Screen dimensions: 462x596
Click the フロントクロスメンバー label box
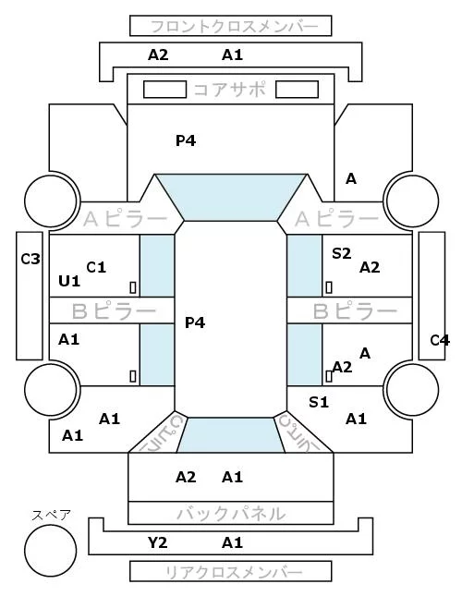[x=231, y=26]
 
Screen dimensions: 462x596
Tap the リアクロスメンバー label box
[x=231, y=571]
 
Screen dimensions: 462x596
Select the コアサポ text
[x=229, y=90]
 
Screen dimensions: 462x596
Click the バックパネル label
[x=231, y=514]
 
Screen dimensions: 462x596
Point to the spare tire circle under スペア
[x=51, y=551]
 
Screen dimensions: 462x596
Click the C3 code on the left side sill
[x=30, y=260]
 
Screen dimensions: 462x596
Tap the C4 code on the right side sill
[x=440, y=340]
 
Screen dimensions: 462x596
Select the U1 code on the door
[x=69, y=281]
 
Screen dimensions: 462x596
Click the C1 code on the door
[x=96, y=268]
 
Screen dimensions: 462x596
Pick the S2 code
[x=341, y=253]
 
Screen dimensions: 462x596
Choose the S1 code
[x=319, y=402]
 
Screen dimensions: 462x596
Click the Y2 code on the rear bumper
[x=157, y=542]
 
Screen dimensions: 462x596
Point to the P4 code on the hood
[x=186, y=140]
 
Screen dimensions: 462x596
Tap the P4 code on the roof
[x=195, y=322]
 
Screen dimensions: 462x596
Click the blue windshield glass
[x=231, y=197]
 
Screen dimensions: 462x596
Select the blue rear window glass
[x=231, y=435]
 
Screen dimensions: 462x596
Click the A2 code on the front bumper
[x=158, y=55]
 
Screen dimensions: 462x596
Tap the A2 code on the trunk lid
[x=186, y=477]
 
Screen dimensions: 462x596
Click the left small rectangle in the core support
[x=164, y=90]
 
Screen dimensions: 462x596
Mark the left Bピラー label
[x=114, y=310]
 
